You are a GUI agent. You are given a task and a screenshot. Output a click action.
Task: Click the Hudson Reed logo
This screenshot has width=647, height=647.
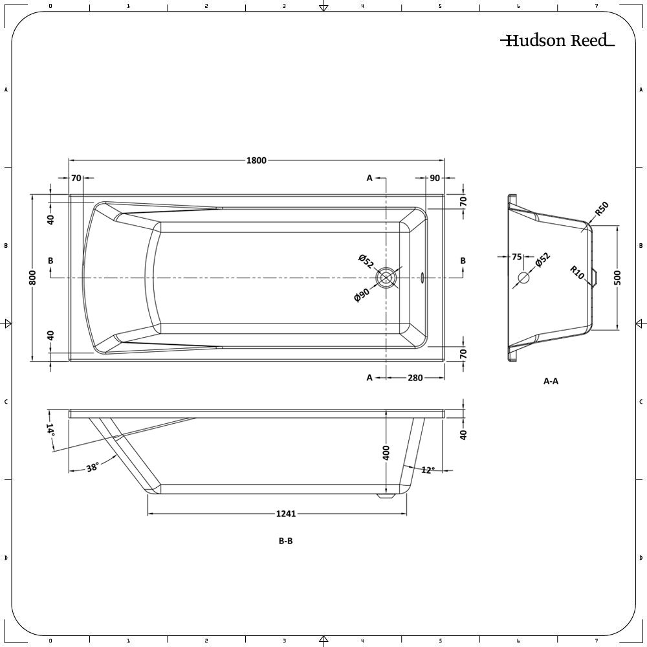click(x=558, y=40)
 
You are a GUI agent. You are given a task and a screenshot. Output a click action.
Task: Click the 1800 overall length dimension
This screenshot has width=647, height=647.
click(x=256, y=160)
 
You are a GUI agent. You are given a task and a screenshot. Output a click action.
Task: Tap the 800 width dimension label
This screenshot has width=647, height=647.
click(x=33, y=278)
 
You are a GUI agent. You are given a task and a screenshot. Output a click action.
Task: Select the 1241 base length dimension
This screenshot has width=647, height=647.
click(x=286, y=514)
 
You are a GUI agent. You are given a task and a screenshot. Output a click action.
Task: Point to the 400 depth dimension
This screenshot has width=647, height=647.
click(x=386, y=453)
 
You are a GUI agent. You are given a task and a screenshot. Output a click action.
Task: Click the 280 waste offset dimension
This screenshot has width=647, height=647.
click(x=415, y=378)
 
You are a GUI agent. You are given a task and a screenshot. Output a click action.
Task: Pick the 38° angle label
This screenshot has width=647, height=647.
click(x=93, y=468)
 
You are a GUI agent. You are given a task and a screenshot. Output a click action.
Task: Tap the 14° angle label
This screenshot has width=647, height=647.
click(x=50, y=430)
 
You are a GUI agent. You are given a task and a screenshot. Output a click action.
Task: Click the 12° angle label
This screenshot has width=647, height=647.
click(x=428, y=470)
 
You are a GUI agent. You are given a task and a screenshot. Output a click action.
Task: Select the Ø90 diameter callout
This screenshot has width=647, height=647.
click(x=362, y=295)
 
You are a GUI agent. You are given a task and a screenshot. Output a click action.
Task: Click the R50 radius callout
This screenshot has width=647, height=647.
click(x=602, y=209)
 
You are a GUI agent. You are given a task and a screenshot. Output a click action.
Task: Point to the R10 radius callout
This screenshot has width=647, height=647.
click(x=577, y=272)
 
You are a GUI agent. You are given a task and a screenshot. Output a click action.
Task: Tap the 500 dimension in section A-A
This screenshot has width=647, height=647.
click(x=618, y=278)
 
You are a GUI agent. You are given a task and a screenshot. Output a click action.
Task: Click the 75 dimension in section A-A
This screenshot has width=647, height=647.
click(x=516, y=257)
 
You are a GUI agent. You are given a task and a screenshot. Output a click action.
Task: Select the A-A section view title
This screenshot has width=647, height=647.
click(x=551, y=381)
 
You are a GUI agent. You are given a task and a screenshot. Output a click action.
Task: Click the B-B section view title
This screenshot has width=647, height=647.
click(x=285, y=541)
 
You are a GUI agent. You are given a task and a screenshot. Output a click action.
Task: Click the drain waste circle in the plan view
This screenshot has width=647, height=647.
click(x=386, y=278)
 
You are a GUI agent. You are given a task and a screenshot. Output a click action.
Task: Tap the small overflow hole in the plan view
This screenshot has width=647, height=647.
click(x=422, y=278)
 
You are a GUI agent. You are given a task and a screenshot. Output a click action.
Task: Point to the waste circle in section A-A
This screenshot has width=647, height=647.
click(x=523, y=278)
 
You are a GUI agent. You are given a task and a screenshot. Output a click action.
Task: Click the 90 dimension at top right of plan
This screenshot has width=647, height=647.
click(x=435, y=178)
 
